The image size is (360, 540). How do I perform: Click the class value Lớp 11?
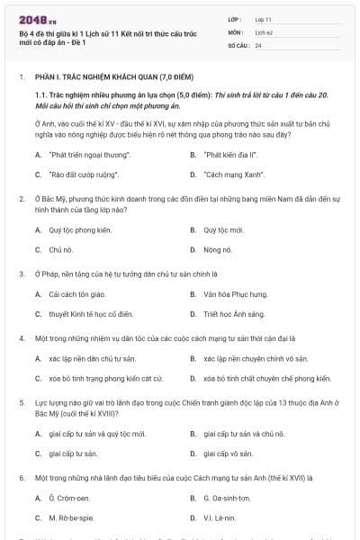coord(264,18)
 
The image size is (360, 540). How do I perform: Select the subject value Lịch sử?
coord(263,31)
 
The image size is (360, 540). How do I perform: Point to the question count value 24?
coord(258,44)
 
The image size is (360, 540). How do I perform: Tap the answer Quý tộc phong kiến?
coord(80,229)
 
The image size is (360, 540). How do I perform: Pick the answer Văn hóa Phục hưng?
coord(236,294)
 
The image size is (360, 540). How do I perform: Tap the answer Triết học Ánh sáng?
coord(233,314)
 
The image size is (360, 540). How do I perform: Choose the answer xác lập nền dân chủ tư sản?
coord(90,359)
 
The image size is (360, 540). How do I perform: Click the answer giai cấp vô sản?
coord(229,454)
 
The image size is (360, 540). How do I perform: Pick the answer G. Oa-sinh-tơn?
coord(226,499)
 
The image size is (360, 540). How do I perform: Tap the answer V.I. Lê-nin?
coord(220,518)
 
